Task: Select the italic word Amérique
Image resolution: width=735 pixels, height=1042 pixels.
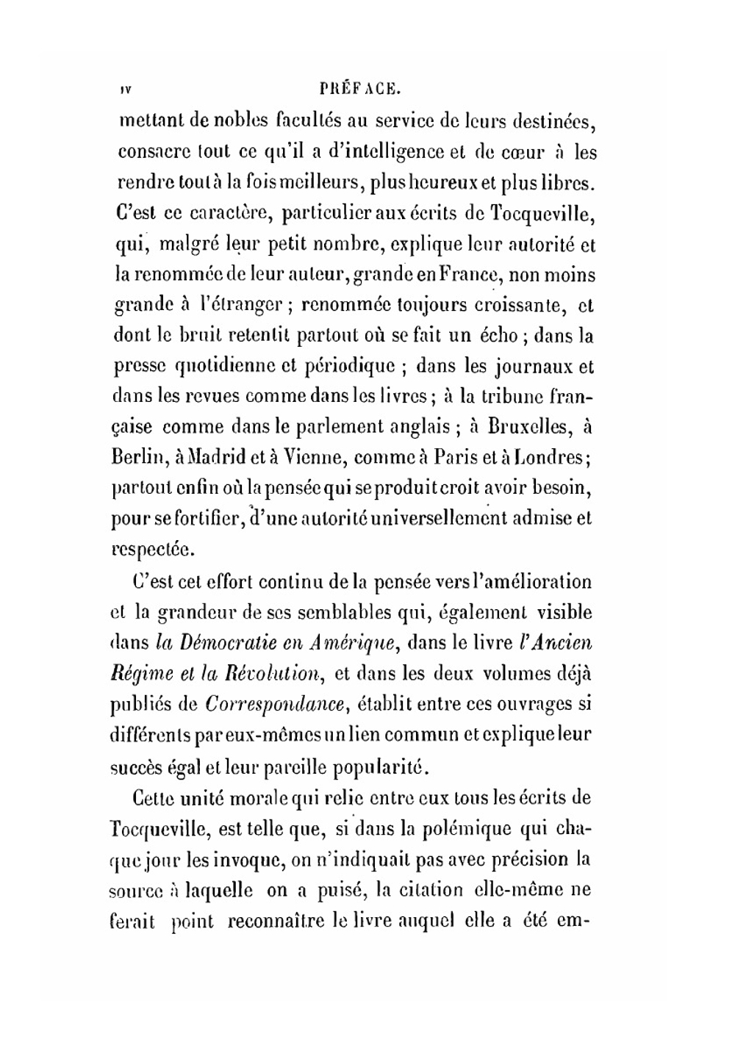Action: click(352, 643)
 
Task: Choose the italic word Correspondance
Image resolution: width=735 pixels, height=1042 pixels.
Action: click(274, 704)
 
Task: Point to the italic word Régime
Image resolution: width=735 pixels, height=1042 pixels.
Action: click(143, 674)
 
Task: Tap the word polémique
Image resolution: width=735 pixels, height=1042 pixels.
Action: click(456, 829)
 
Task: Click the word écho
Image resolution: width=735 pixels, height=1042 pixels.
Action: click(498, 336)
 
